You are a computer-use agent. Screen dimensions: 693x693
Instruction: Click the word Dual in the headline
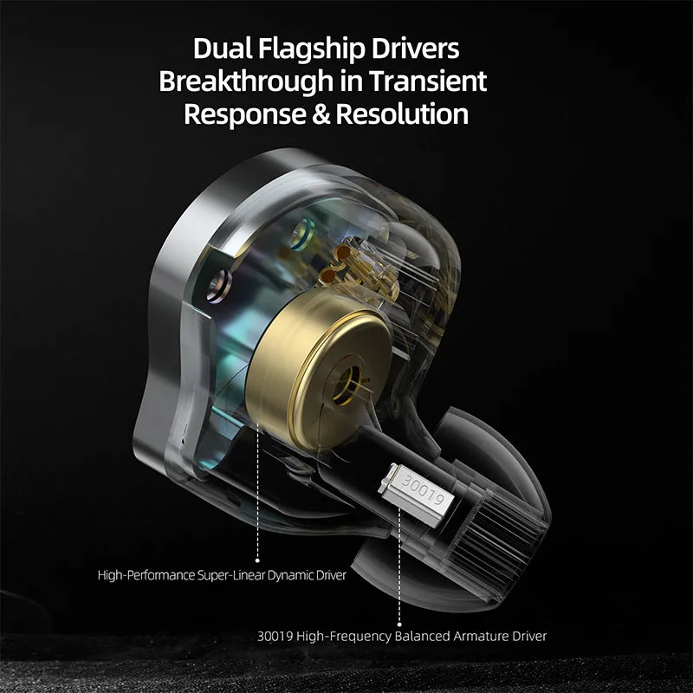222,48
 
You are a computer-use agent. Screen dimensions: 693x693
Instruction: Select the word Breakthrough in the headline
246,81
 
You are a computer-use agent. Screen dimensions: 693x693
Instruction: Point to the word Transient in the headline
428,81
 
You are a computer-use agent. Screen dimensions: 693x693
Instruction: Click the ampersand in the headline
321,114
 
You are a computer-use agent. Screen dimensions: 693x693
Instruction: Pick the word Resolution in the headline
402,114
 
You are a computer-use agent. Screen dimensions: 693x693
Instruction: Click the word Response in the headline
245,115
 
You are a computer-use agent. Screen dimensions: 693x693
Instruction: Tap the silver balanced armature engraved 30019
417,494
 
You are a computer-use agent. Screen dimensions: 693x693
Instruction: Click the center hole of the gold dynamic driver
346,383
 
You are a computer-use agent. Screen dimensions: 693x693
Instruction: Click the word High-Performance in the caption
146,575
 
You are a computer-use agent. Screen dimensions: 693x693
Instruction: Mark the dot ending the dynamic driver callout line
257,560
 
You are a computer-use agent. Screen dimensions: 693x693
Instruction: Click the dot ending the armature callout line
399,625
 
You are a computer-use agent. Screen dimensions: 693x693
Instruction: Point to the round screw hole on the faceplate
219,286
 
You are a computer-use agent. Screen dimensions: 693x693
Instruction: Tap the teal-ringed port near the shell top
301,234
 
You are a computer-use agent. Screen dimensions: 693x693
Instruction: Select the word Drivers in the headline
415,48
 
